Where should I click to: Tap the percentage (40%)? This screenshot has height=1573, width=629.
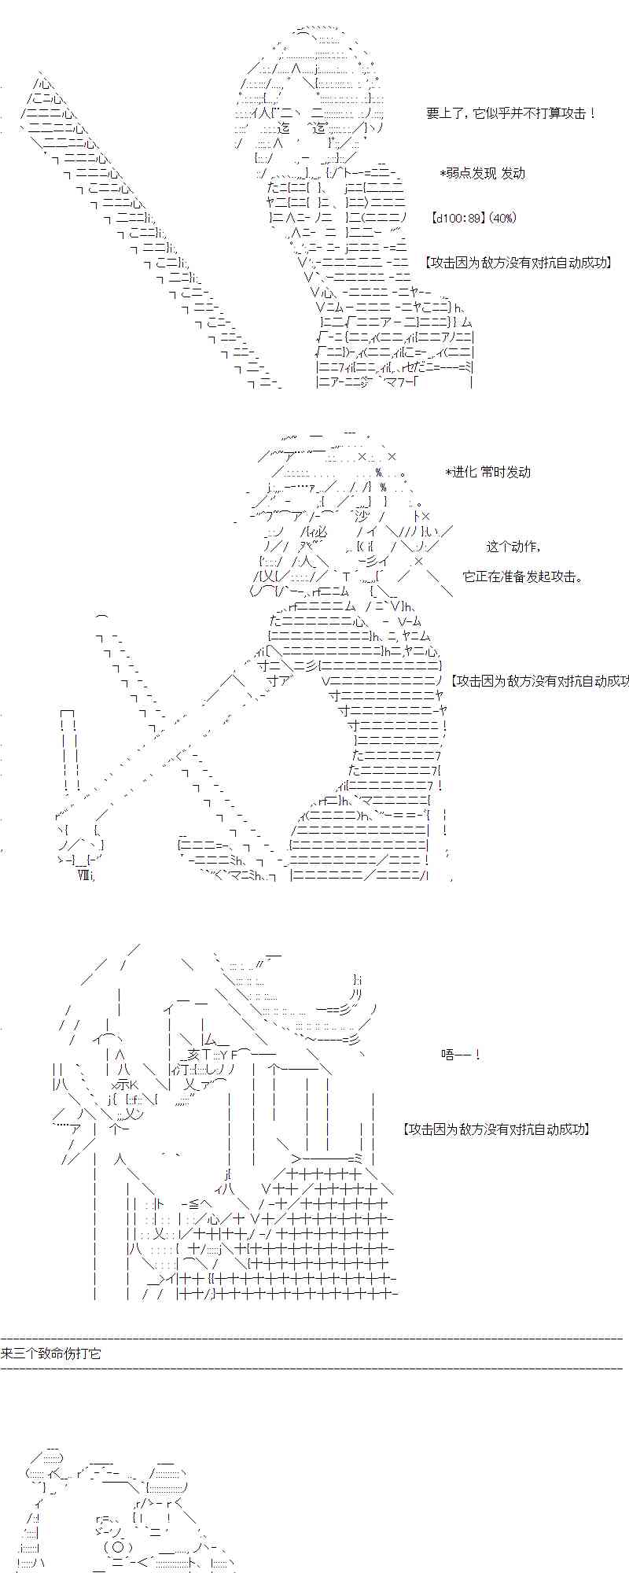[502, 218]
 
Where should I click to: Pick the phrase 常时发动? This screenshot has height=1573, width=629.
[506, 472]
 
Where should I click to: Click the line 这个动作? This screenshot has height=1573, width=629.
[513, 547]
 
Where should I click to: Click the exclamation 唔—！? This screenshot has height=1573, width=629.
[461, 1055]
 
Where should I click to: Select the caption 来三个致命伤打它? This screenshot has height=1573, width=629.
[50, 1354]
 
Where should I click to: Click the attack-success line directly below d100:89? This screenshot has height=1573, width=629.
[517, 263]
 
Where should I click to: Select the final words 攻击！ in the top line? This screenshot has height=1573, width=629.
[581, 113]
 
